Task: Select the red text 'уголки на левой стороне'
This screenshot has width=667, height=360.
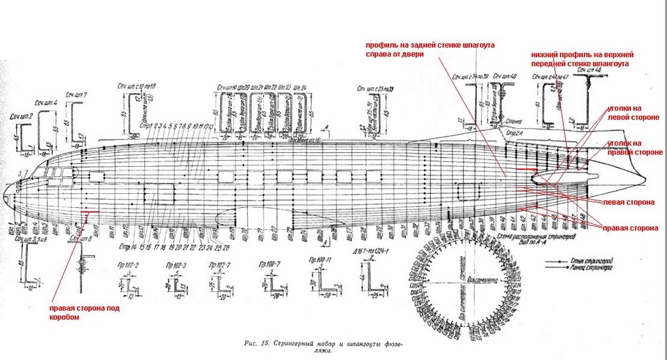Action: pyautogui.click(x=634, y=113)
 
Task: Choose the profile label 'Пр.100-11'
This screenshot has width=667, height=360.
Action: pyautogui.click(x=321, y=260)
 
